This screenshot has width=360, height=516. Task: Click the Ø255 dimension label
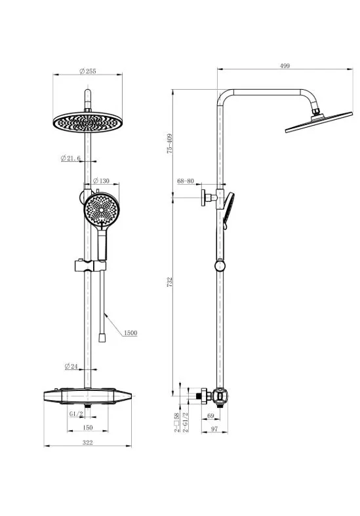point(88,71)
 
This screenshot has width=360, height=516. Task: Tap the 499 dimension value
point(285,66)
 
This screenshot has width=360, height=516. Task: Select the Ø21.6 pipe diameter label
point(71,158)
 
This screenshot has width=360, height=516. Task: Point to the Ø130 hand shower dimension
point(101,181)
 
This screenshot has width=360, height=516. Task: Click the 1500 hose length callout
point(130,333)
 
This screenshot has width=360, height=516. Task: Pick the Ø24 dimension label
point(71,366)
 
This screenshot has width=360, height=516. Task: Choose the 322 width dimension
point(88,443)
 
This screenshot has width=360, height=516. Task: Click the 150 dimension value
point(88,428)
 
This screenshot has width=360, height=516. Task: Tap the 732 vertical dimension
point(169,282)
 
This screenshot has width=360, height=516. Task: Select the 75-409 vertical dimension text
point(169,143)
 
